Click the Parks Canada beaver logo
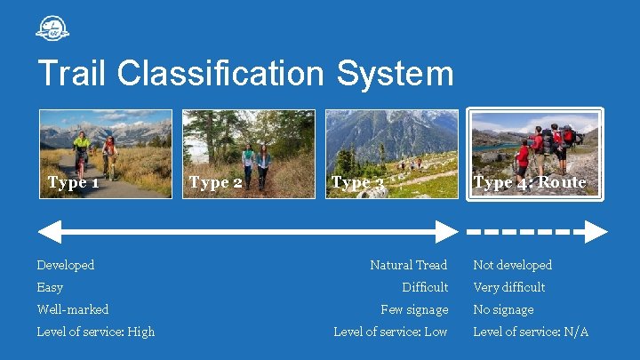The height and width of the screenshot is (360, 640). (x=52, y=28)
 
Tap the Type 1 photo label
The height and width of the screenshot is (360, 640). (x=73, y=183)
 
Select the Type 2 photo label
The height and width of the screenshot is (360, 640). (x=215, y=183)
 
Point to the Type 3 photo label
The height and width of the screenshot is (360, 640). (x=357, y=183)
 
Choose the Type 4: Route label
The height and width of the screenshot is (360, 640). (x=530, y=182)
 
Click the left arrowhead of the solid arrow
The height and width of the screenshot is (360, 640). (x=49, y=232)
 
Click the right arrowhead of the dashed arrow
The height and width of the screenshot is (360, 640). (x=596, y=232)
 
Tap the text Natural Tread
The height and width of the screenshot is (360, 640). (x=409, y=265)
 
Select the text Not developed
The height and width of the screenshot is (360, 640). (x=512, y=265)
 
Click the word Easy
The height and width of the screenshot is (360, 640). (x=50, y=287)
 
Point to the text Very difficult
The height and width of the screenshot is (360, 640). (x=509, y=287)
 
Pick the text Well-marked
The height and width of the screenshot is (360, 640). (x=73, y=309)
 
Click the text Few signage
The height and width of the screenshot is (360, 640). (x=414, y=309)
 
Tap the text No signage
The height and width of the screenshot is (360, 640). (x=503, y=309)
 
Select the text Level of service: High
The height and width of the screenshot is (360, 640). (x=96, y=332)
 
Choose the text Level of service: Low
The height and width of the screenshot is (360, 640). (x=390, y=332)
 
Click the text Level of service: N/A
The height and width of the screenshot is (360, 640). (x=531, y=332)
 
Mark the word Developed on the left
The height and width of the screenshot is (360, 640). (x=66, y=265)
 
